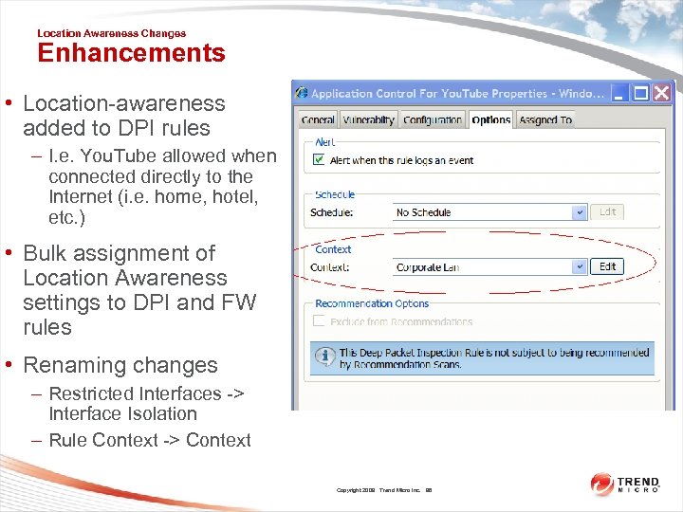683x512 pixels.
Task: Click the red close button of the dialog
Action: (661, 93)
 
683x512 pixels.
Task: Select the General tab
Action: (318, 120)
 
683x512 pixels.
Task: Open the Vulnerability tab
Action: (368, 120)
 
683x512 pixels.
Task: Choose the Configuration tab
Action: (433, 120)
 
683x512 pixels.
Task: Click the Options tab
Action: (490, 120)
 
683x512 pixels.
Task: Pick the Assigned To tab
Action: (545, 120)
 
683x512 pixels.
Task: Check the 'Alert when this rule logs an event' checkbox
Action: (319, 160)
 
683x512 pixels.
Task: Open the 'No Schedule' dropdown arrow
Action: (580, 212)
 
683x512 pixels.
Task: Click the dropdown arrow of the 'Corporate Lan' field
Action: (580, 267)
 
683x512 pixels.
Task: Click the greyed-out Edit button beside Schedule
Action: (608, 212)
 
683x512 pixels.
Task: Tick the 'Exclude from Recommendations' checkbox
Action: (319, 322)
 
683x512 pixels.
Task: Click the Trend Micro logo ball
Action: (602, 485)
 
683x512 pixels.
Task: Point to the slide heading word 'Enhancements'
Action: (131, 53)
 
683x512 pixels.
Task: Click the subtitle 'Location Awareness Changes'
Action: (111, 33)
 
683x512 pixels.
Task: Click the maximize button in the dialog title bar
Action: (640, 93)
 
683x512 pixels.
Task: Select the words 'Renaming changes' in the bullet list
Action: (120, 365)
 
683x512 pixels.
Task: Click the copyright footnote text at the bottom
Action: (383, 490)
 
